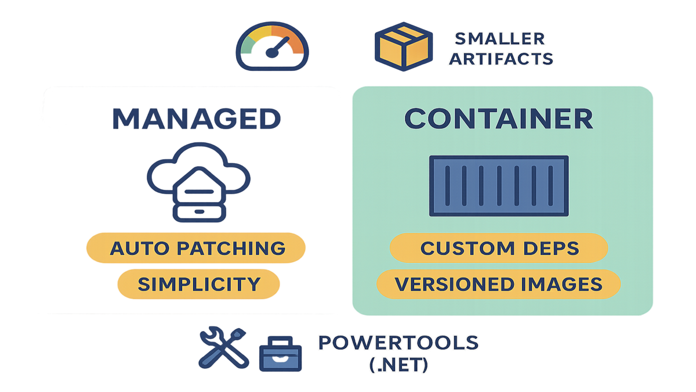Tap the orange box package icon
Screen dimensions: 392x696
[x=404, y=47]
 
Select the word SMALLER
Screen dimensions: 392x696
[x=499, y=39]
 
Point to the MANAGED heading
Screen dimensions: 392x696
[x=196, y=118]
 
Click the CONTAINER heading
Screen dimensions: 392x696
[x=498, y=118]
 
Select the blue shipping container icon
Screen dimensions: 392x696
[x=498, y=185]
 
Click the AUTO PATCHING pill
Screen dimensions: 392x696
[x=197, y=249]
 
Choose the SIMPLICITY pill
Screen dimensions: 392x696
[x=198, y=284]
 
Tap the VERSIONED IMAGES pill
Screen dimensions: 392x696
[x=498, y=284]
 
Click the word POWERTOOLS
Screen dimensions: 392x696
[x=398, y=342]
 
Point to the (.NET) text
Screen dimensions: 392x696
[x=398, y=365]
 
